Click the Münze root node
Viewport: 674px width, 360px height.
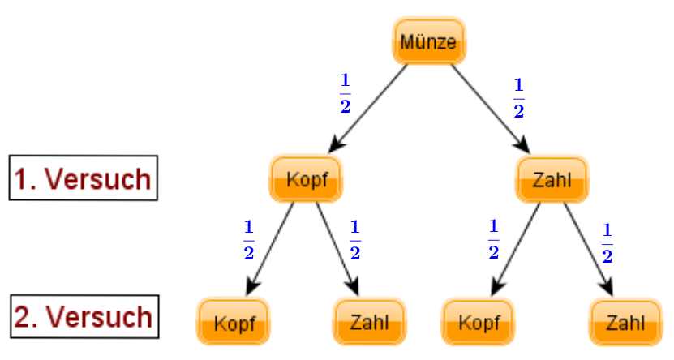[429, 41]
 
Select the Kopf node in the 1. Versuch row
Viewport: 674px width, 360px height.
[306, 178]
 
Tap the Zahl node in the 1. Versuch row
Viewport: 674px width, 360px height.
[552, 178]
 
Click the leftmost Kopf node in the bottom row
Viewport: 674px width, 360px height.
[234, 321]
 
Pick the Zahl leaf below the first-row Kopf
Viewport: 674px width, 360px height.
[369, 321]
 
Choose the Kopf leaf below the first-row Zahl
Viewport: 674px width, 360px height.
[479, 321]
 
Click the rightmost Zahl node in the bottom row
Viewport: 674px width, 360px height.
[626, 321]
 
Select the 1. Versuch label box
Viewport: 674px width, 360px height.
[84, 178]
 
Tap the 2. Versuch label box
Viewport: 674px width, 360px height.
[84, 316]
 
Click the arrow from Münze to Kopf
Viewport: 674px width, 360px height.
[367, 109]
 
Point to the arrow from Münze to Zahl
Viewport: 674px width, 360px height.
[491, 109]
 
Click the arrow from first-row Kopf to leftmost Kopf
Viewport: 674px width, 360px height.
[270, 249]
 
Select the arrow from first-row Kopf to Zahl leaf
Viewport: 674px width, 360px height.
[338, 249]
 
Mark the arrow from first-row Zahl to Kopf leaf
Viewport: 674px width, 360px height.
[515, 249]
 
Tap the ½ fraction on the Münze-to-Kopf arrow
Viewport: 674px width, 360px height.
[346, 93]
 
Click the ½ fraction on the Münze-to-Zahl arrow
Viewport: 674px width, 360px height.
[519, 98]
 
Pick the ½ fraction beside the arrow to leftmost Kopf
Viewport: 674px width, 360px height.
[249, 240]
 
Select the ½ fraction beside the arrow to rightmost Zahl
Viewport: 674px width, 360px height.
[607, 243]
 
